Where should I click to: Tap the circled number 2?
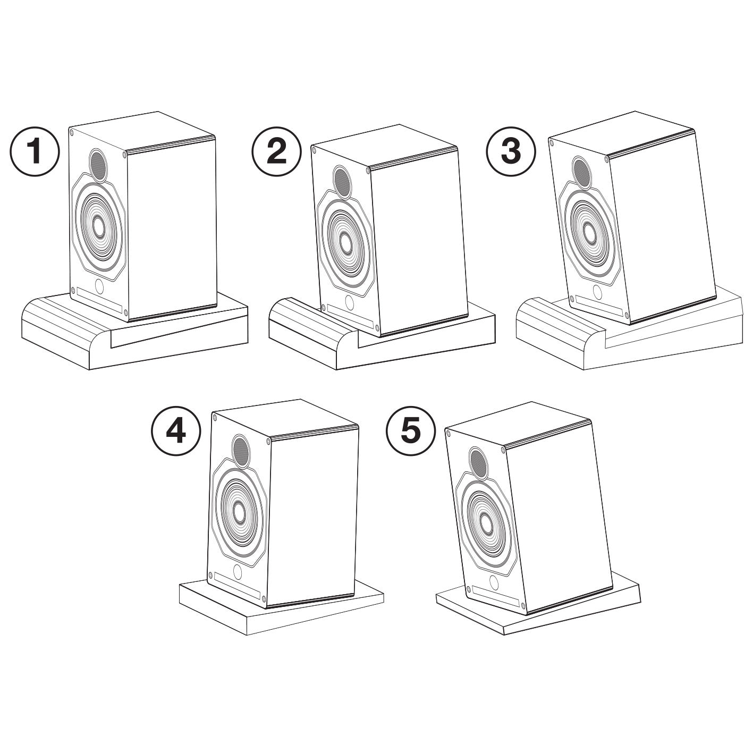[276, 152]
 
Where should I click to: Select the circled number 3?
[511, 151]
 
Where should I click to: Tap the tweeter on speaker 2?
[341, 181]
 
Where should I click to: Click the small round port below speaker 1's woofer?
[99, 286]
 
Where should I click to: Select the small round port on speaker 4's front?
[238, 571]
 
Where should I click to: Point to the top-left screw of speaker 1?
[72, 132]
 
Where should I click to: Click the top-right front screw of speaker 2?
[366, 170]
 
